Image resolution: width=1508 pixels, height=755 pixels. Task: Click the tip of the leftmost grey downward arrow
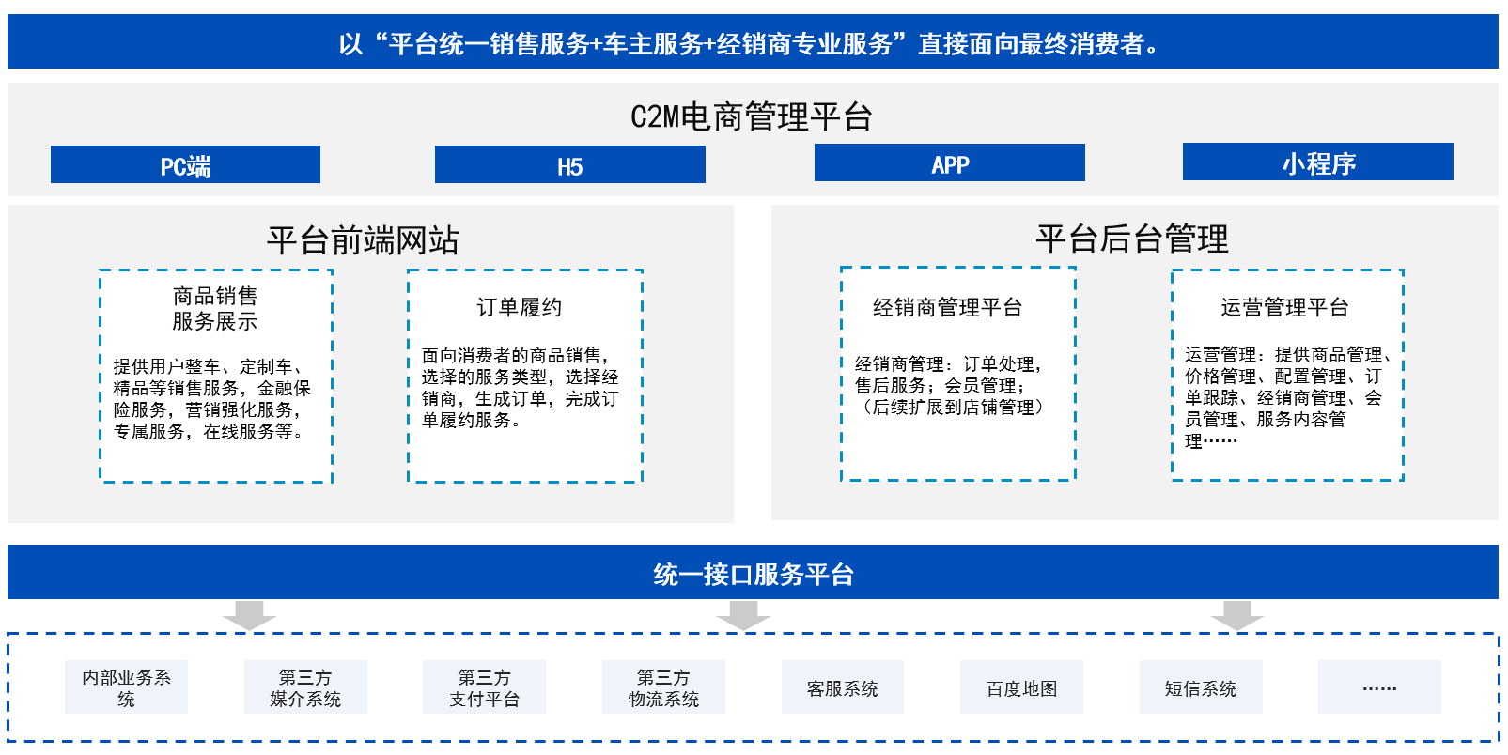point(249,630)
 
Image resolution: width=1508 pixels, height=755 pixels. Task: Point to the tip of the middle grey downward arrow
point(743,630)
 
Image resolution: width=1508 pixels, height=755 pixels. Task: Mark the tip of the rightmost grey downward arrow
point(1237,630)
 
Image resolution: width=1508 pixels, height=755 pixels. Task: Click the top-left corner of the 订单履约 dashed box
point(409,270)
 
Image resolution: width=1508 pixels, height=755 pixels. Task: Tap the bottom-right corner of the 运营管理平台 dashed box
point(1403,480)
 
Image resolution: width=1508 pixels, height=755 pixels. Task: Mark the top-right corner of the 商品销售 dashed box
point(332,270)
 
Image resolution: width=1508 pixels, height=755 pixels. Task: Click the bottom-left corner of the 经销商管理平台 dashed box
point(842,480)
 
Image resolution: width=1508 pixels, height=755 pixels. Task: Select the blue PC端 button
point(185,164)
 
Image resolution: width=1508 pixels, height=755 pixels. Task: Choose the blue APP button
point(949,162)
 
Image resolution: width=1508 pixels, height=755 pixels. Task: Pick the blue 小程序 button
point(1317,162)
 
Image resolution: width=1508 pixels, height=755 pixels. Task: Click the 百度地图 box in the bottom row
point(1021,686)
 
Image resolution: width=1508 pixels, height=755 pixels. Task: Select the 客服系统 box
point(842,686)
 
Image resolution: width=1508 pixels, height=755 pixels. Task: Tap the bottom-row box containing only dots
point(1379,686)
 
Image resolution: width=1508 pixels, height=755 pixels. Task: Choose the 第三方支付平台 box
point(484,686)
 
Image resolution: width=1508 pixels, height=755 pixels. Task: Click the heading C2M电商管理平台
point(752,116)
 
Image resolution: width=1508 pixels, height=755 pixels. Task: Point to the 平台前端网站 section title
point(363,240)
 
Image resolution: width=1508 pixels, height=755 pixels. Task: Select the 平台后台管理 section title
point(1131,239)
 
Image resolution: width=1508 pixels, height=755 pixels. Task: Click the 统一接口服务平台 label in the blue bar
point(754,575)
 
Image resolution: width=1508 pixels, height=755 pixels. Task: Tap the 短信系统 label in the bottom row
point(1201,688)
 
